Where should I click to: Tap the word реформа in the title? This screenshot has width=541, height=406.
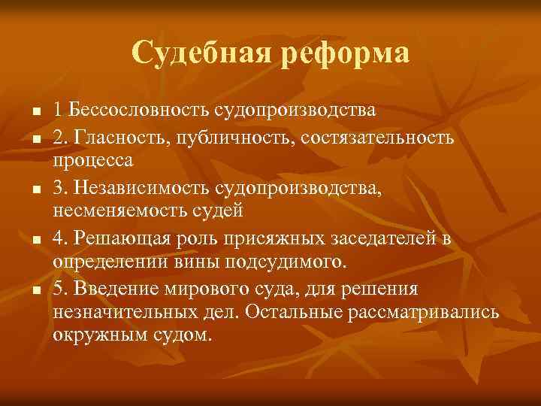[x=345, y=53]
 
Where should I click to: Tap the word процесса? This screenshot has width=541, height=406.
[x=92, y=160]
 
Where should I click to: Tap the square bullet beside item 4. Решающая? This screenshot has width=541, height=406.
[x=35, y=241]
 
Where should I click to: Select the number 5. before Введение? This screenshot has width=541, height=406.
[x=60, y=289]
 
